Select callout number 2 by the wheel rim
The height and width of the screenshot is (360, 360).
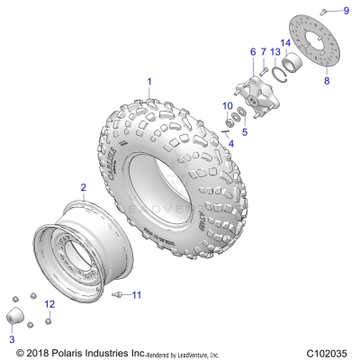pyautogui.click(x=83, y=187)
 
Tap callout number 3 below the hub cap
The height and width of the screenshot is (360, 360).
pyautogui.click(x=13, y=339)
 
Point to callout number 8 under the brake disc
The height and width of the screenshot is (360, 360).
pyautogui.click(x=327, y=80)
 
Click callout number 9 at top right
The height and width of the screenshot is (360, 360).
pyautogui.click(x=346, y=10)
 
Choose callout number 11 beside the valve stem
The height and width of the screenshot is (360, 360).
pyautogui.click(x=137, y=295)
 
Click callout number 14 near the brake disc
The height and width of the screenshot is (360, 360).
pyautogui.click(x=284, y=42)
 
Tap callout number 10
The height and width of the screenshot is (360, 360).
pyautogui.click(x=229, y=105)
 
